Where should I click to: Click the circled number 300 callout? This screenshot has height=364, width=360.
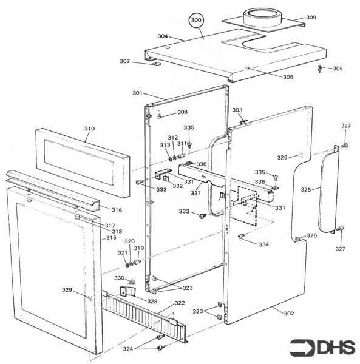(x=195, y=21)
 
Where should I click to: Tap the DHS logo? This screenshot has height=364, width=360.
(x=321, y=348)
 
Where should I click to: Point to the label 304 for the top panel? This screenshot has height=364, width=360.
(x=163, y=36)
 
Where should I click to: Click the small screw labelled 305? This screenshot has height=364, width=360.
(x=321, y=69)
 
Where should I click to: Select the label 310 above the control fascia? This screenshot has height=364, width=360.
(x=89, y=129)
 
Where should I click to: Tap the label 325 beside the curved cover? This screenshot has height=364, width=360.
(x=306, y=190)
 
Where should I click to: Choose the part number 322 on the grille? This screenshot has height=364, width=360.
(x=180, y=303)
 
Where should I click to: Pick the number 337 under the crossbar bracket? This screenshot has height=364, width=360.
(x=196, y=193)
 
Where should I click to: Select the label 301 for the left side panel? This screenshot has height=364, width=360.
(x=137, y=93)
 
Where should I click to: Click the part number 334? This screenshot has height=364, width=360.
(x=263, y=244)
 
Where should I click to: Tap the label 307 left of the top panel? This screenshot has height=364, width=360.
(x=124, y=61)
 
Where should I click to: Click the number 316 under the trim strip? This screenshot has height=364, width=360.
(x=116, y=209)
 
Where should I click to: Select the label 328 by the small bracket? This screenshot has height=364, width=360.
(x=152, y=301)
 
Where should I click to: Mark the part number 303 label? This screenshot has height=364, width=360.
(x=237, y=110)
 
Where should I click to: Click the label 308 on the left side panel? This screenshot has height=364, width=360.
(x=182, y=112)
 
